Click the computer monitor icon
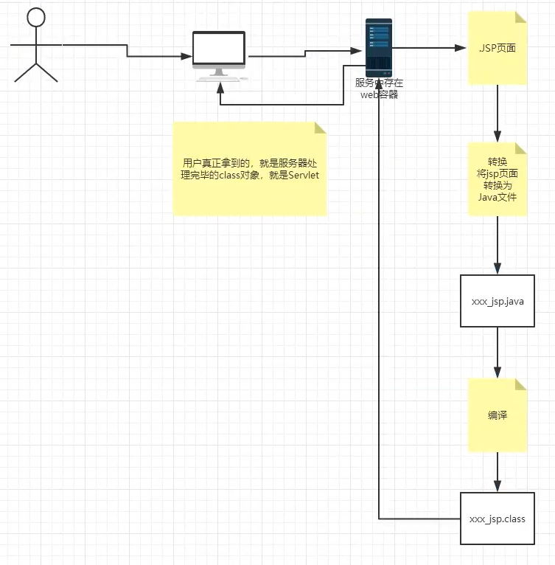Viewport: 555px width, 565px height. (219, 50)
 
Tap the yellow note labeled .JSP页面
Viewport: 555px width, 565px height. (498, 48)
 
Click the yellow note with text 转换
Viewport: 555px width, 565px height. (498, 179)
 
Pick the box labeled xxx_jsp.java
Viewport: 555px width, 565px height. (498, 301)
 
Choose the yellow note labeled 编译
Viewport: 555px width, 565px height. (498, 415)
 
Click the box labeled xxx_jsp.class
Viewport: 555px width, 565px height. (498, 519)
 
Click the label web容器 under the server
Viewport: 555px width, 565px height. (379, 94)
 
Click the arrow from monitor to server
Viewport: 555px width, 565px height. (306, 53)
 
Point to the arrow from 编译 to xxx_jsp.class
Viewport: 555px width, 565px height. (498, 472)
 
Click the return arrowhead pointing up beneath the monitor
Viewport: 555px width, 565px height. (220, 87)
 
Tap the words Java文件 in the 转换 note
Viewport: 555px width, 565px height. (498, 197)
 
